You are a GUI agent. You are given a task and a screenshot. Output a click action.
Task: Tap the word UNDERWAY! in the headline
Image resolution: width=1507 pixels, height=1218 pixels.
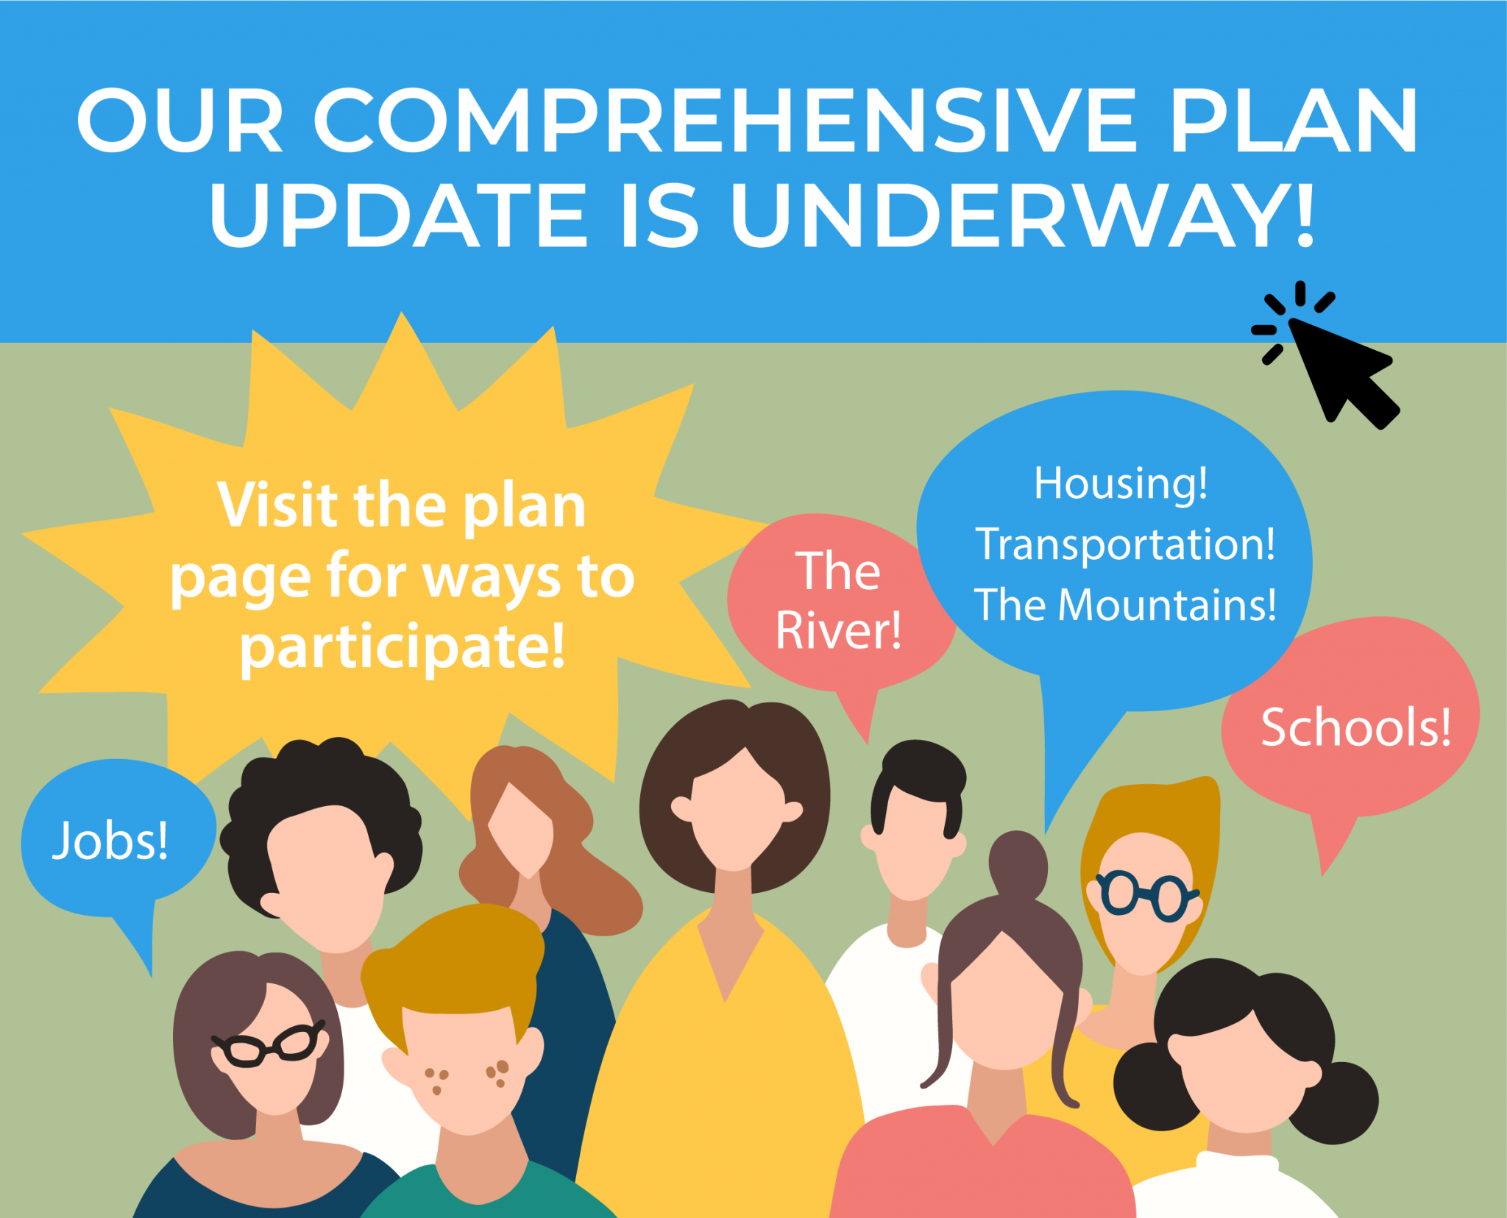[x=1022, y=214]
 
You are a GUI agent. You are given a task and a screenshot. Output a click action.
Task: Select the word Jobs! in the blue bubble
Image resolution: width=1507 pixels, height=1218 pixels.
[x=110, y=841]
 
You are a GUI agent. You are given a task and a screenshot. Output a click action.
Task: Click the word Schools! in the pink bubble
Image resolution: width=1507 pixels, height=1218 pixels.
[x=1356, y=727]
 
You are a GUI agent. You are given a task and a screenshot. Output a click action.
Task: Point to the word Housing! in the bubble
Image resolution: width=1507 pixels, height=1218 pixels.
[x=1121, y=484]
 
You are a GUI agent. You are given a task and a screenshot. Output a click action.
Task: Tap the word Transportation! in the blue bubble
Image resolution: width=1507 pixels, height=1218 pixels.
[x=1126, y=544]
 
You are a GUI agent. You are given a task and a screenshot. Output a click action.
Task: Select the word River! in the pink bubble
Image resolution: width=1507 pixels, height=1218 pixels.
[x=839, y=631]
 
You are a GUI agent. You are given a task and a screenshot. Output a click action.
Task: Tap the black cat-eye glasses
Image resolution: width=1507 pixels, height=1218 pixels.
[x=268, y=1044]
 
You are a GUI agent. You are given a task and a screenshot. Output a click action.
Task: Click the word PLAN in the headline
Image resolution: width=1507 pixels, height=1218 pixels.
[x=1293, y=121]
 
